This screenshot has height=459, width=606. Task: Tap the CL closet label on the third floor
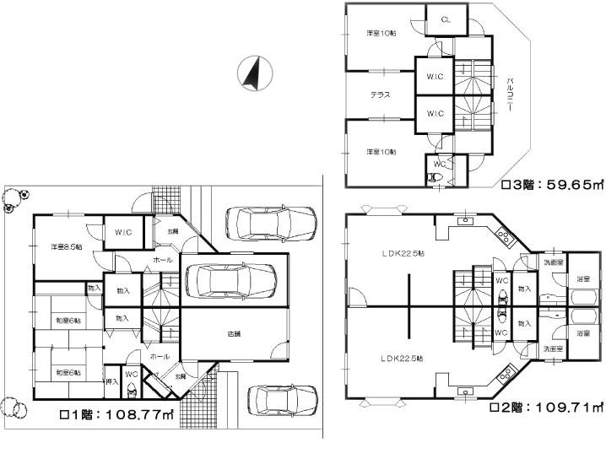click(x=446, y=19)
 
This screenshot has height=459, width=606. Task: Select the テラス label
click(x=381, y=94)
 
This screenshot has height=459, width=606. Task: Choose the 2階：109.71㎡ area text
click(x=547, y=407)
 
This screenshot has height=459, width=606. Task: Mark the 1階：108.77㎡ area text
click(x=116, y=415)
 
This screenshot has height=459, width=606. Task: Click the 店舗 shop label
click(x=233, y=334)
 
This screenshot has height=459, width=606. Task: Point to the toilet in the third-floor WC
click(x=433, y=178)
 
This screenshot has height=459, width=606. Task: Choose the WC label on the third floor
click(x=439, y=163)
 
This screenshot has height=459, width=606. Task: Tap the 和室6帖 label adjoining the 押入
click(x=68, y=372)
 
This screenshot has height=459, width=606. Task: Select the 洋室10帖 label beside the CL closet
click(x=381, y=34)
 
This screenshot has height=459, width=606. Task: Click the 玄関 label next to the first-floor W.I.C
click(x=172, y=230)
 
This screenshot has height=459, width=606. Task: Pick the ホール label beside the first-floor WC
click(x=157, y=357)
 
